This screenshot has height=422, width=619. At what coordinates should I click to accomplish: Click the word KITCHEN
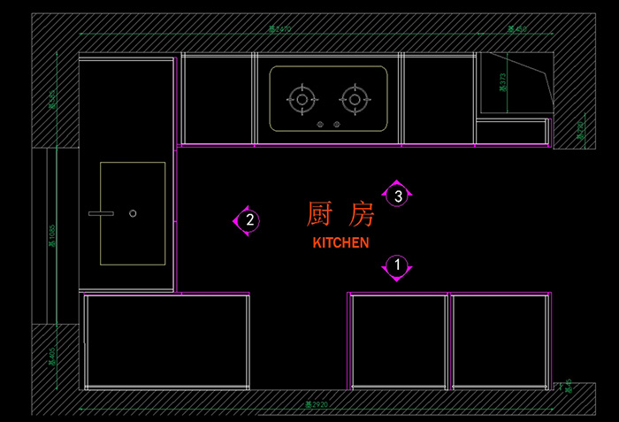click(340, 242)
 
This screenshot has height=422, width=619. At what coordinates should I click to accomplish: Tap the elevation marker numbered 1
click(397, 265)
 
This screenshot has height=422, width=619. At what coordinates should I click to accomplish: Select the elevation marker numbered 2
click(249, 220)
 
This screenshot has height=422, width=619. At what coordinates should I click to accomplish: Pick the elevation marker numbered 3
click(398, 196)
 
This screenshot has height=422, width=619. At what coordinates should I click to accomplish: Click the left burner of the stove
click(302, 100)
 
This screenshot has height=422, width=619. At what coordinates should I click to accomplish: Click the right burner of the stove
click(355, 100)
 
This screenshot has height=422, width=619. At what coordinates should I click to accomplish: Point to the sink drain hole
click(133, 213)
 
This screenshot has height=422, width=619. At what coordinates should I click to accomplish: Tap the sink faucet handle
click(100, 213)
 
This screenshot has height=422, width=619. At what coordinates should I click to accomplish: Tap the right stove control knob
click(337, 124)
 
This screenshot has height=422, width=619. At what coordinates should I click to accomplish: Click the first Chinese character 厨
click(319, 214)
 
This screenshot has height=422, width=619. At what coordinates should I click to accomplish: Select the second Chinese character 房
click(362, 214)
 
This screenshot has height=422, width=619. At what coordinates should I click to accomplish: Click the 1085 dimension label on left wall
click(52, 234)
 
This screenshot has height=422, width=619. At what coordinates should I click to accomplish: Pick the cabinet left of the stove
click(218, 98)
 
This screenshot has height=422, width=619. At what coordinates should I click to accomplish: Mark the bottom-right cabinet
click(500, 341)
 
